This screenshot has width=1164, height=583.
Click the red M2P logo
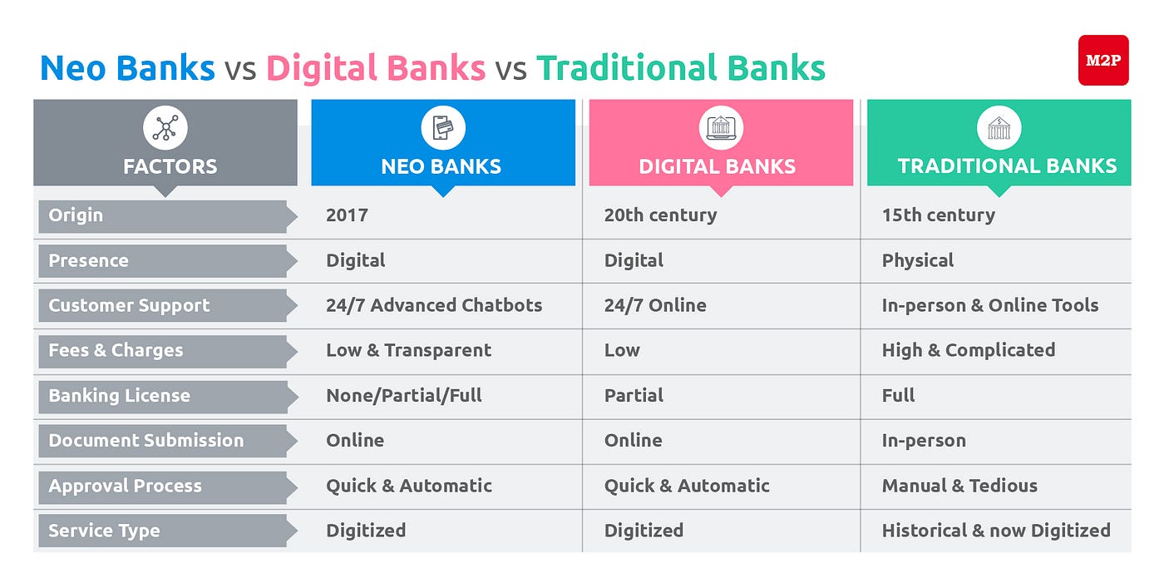[x=1102, y=60]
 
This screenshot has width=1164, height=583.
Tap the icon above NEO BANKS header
[x=442, y=128]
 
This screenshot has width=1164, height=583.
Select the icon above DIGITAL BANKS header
[x=720, y=128]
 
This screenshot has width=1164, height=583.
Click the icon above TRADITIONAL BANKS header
[x=998, y=128]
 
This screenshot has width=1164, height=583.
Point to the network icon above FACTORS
[x=165, y=128]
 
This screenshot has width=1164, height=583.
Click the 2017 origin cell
[x=347, y=215]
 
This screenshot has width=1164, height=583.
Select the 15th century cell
[x=938, y=215]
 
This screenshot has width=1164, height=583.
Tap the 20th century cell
[x=660, y=215]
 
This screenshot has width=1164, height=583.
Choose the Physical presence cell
[x=918, y=260]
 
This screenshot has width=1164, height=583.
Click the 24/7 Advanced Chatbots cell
[x=434, y=305]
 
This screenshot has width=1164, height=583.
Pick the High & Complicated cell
[x=968, y=350]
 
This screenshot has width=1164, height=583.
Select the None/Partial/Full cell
[x=404, y=396]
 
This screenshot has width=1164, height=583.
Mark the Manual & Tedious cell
[x=959, y=486]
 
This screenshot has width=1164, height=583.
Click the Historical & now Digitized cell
[x=996, y=531]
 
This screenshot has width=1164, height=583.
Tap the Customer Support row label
[x=129, y=305]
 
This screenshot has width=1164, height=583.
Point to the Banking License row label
[x=119, y=396]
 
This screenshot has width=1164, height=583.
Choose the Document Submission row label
[x=145, y=441]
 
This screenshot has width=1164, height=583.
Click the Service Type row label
[x=104, y=531]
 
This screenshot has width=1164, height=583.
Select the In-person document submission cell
[x=924, y=441]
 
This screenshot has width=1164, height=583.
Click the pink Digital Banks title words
[x=376, y=67]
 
